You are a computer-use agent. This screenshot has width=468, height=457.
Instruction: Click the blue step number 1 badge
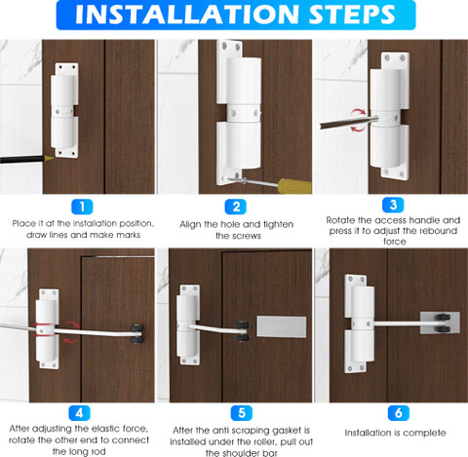pos(82,207)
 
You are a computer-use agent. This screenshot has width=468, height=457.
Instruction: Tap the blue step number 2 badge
pos(236,207)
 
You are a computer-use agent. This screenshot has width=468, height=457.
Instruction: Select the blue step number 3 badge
pos(393,205)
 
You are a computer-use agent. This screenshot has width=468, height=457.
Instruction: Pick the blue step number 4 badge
pos(79,413)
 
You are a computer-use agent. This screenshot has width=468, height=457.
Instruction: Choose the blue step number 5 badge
pos(242,413)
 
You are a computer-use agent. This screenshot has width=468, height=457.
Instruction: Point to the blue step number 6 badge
pos(399,413)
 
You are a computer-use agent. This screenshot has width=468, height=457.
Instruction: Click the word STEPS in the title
pos(352,14)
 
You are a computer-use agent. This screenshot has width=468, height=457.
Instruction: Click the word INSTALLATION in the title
pos(187,14)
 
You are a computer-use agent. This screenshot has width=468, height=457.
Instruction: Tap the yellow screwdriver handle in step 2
pos(294,186)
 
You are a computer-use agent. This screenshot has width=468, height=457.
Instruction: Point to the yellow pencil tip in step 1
pos(49,159)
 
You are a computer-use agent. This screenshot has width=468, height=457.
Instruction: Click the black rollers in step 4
pos(136,334)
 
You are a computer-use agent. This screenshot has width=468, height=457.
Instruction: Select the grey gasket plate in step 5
pos(282,326)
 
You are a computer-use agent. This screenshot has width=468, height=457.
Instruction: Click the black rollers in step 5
pos(242,331)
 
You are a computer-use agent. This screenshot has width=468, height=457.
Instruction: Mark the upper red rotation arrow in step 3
pos(359,112)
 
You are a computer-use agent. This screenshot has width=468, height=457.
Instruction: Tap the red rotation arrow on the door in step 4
pos(71,332)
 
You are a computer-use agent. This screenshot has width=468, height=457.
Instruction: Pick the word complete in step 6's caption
pos(426,433)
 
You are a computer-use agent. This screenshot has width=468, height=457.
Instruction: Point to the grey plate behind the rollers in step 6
pos(440,323)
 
